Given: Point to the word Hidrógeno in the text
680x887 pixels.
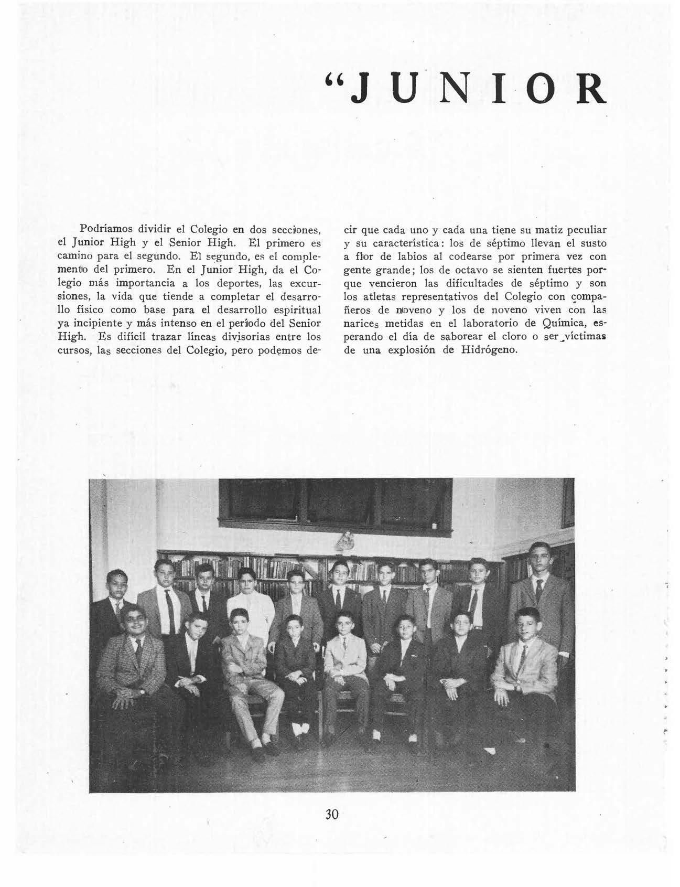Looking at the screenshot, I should tap(489, 349).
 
